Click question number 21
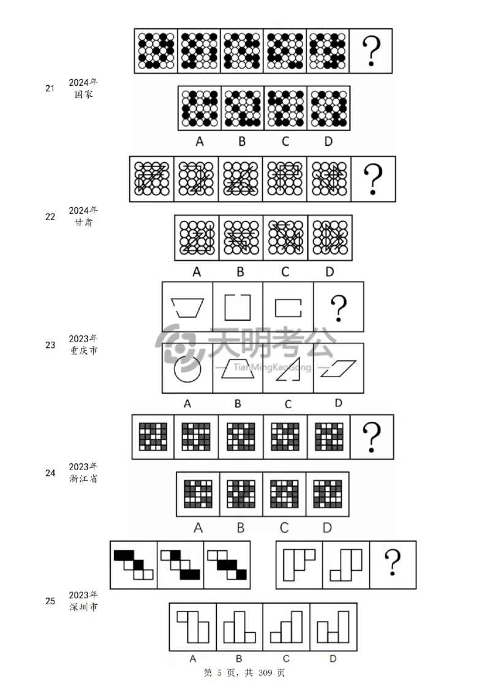coord(50,88)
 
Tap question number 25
coord(50,601)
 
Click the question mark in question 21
coord(371,51)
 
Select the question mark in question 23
coord(339,308)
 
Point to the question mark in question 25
coord(393,562)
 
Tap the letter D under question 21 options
coord(328,141)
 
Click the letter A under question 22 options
coord(197,272)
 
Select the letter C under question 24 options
coord(284,528)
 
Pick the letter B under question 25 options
coord(239,659)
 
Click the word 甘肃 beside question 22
coord(83,222)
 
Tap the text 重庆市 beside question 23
coord(83,350)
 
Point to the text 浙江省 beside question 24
coord(83,479)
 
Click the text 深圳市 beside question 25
coord(83,607)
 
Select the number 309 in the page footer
coord(265,673)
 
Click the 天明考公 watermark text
coord(271,342)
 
